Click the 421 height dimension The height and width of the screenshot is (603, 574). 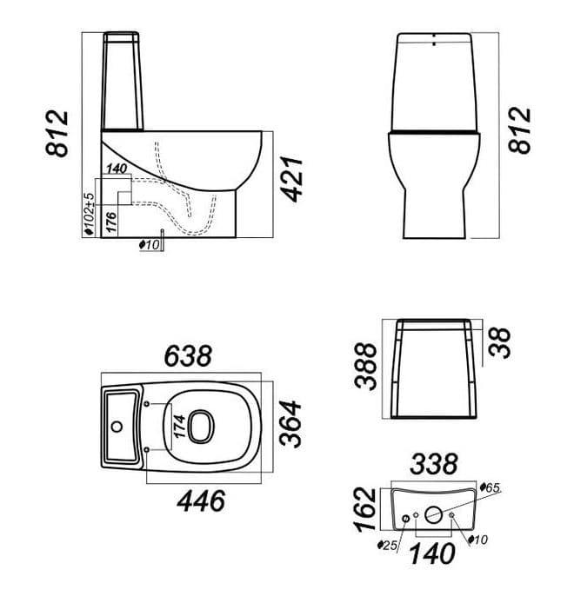(x=292, y=179)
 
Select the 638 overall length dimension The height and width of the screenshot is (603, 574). (x=188, y=356)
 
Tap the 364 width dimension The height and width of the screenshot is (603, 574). (x=290, y=424)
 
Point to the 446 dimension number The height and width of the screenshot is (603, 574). (x=201, y=500)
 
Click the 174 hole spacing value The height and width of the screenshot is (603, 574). (x=179, y=426)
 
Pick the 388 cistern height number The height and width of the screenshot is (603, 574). (x=365, y=367)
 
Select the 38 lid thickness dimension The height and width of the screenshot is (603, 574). (x=500, y=343)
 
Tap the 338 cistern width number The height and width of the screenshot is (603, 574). (x=434, y=464)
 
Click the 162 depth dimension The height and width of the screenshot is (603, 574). (x=364, y=510)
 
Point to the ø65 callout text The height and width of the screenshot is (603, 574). (x=490, y=488)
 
